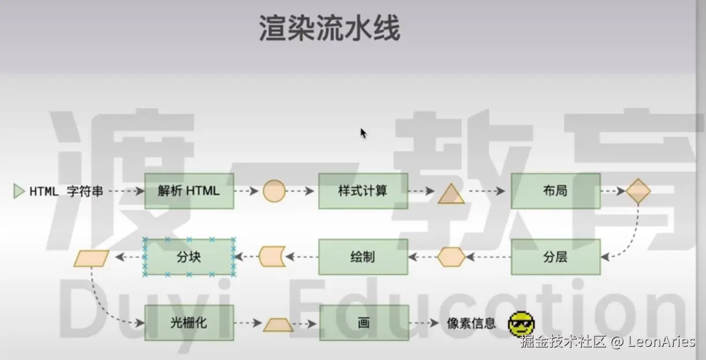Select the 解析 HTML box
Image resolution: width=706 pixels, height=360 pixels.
pos(189,191)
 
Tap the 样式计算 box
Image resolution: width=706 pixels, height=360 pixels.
pos(363,191)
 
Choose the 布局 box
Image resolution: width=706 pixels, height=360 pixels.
pos(555,191)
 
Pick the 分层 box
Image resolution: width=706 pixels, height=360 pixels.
pos(555,257)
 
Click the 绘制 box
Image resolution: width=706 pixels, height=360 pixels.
pos(363,257)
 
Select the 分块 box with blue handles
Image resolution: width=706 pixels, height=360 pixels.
pos(189,257)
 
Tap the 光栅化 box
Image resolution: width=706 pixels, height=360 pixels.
pos(189,323)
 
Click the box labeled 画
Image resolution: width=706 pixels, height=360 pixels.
pos(364,323)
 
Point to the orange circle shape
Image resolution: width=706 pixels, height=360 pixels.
pos(274,191)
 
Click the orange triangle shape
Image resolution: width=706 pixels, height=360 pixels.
pos(451,195)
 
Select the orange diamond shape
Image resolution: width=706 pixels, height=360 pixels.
pos(638,191)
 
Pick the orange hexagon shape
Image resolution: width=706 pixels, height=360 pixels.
pos(451,257)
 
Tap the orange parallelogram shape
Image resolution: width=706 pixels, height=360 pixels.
pos(91,258)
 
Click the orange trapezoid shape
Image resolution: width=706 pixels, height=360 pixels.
pos(278,325)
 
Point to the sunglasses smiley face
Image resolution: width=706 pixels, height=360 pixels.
pos(521,324)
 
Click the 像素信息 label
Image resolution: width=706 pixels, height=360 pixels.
pos(471,324)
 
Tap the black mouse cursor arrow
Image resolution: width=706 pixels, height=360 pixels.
pos(363,134)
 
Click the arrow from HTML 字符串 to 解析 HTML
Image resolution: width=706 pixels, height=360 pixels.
pos(125,191)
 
